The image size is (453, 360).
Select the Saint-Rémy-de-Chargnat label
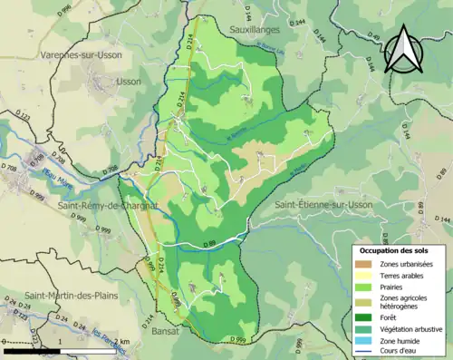(x=107, y=205)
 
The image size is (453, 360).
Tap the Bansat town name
(x=169, y=330)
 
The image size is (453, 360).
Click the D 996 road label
(x=63, y=9)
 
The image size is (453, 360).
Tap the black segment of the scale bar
(x=32, y=350)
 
